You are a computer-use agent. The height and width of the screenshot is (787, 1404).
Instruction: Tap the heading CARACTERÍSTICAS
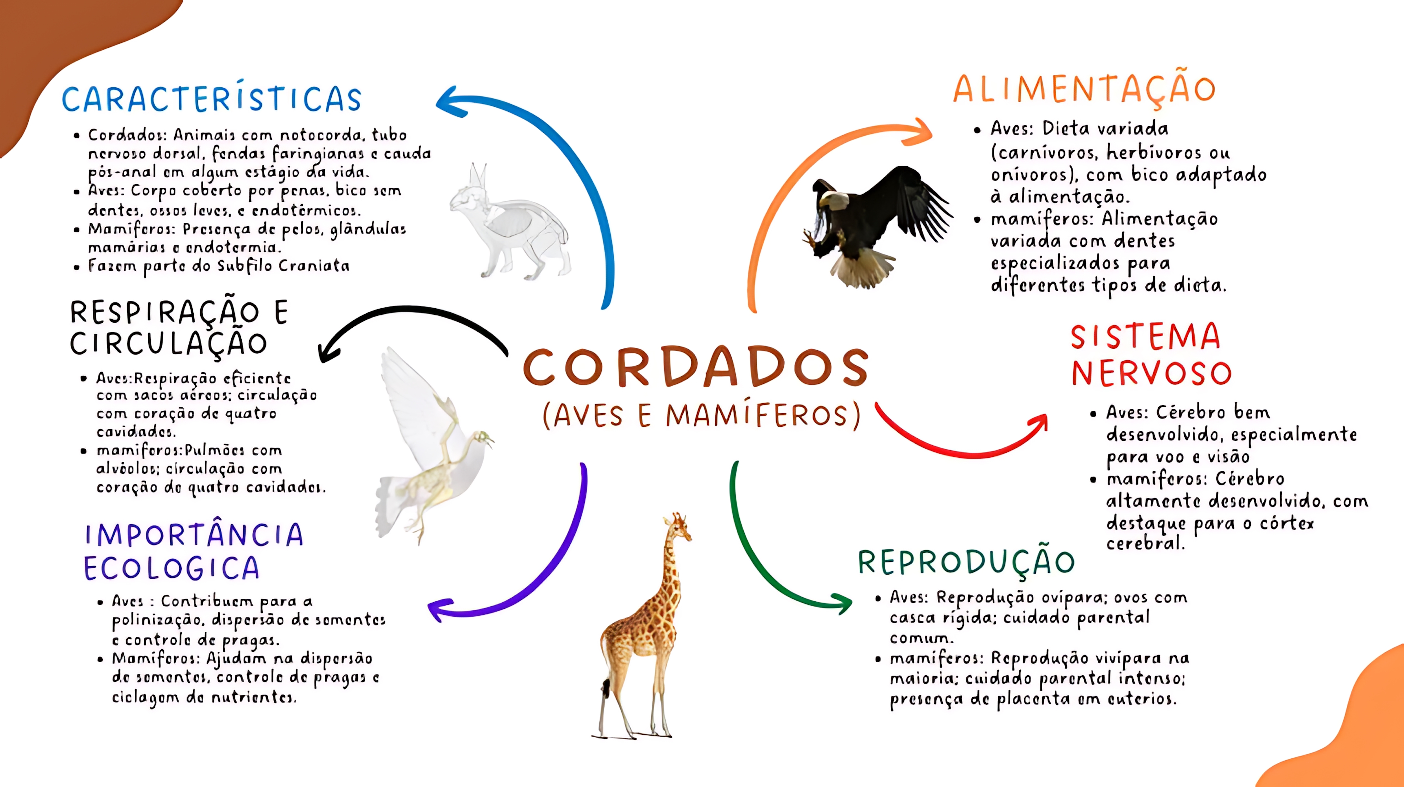pos(211,99)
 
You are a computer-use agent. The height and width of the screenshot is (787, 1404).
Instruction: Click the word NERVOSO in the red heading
pos(1151,373)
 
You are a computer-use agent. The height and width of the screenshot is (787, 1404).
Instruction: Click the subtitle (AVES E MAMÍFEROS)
pos(701,416)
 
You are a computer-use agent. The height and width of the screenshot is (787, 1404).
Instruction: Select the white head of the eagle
pos(832,200)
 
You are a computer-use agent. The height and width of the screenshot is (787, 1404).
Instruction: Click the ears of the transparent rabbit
pos(477,175)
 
